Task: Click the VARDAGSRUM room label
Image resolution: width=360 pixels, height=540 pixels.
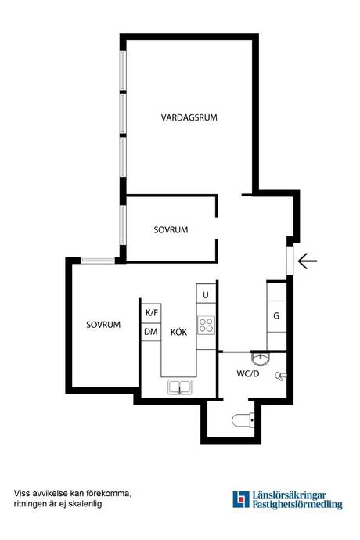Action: coord(189,117)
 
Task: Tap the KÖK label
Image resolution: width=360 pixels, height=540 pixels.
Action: coord(178,332)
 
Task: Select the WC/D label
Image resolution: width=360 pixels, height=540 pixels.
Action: coord(247,373)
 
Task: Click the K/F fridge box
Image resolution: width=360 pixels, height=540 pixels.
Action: coord(151,313)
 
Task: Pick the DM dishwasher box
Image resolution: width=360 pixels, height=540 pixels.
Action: coord(151,332)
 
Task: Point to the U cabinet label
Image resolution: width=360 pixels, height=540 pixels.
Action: coord(206,295)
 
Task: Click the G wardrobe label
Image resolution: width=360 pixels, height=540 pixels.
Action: coord(276,316)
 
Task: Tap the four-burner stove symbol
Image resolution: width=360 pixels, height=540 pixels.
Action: coord(206,325)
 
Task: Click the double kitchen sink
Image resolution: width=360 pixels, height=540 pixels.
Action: coord(179,387)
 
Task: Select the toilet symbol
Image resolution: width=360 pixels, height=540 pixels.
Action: coord(243,420)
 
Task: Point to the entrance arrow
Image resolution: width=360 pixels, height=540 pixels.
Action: coord(308,261)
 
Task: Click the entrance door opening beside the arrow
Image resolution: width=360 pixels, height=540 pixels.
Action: coord(290,261)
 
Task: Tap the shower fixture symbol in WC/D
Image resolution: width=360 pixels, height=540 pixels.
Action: coord(281,376)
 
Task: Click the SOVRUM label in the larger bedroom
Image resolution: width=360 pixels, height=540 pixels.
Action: coord(103,325)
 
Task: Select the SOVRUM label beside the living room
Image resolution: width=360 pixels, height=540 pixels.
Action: coord(171,230)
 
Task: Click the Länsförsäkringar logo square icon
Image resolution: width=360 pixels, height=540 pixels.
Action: coord(241,499)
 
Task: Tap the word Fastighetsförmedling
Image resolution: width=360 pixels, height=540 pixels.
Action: coord(297,505)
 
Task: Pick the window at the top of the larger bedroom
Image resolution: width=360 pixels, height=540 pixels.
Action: coord(98,261)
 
